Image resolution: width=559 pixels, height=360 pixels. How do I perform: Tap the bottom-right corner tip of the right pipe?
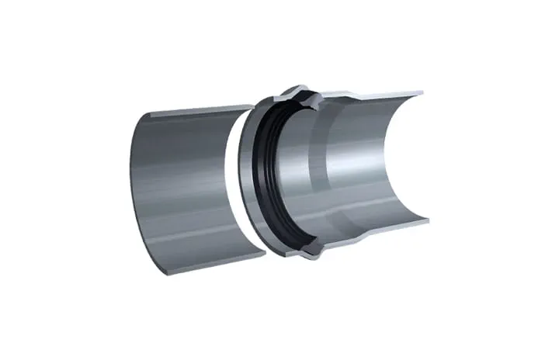428,222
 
